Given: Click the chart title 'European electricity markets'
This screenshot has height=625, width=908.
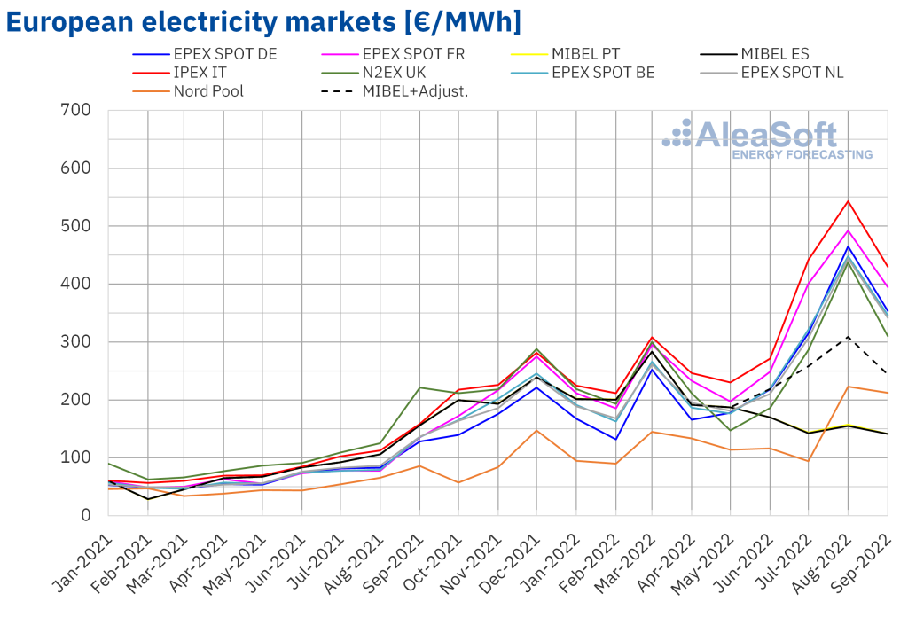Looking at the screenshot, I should pyautogui.click(x=262, y=21).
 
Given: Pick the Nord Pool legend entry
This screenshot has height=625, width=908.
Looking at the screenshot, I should pyautogui.click(x=207, y=90).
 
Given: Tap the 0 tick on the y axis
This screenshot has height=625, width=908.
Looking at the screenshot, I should pyautogui.click(x=85, y=516).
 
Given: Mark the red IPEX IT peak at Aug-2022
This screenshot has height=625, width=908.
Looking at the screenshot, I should pyautogui.click(x=848, y=201).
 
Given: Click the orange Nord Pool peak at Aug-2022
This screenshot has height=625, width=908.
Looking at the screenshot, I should pyautogui.click(x=848, y=387).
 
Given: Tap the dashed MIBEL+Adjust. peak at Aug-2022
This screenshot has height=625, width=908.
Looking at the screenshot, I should pyautogui.click(x=848, y=337).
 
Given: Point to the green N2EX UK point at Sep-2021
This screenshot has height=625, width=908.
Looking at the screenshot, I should pyautogui.click(x=419, y=387).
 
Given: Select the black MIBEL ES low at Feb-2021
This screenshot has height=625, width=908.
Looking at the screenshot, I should pyautogui.click(x=148, y=499).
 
